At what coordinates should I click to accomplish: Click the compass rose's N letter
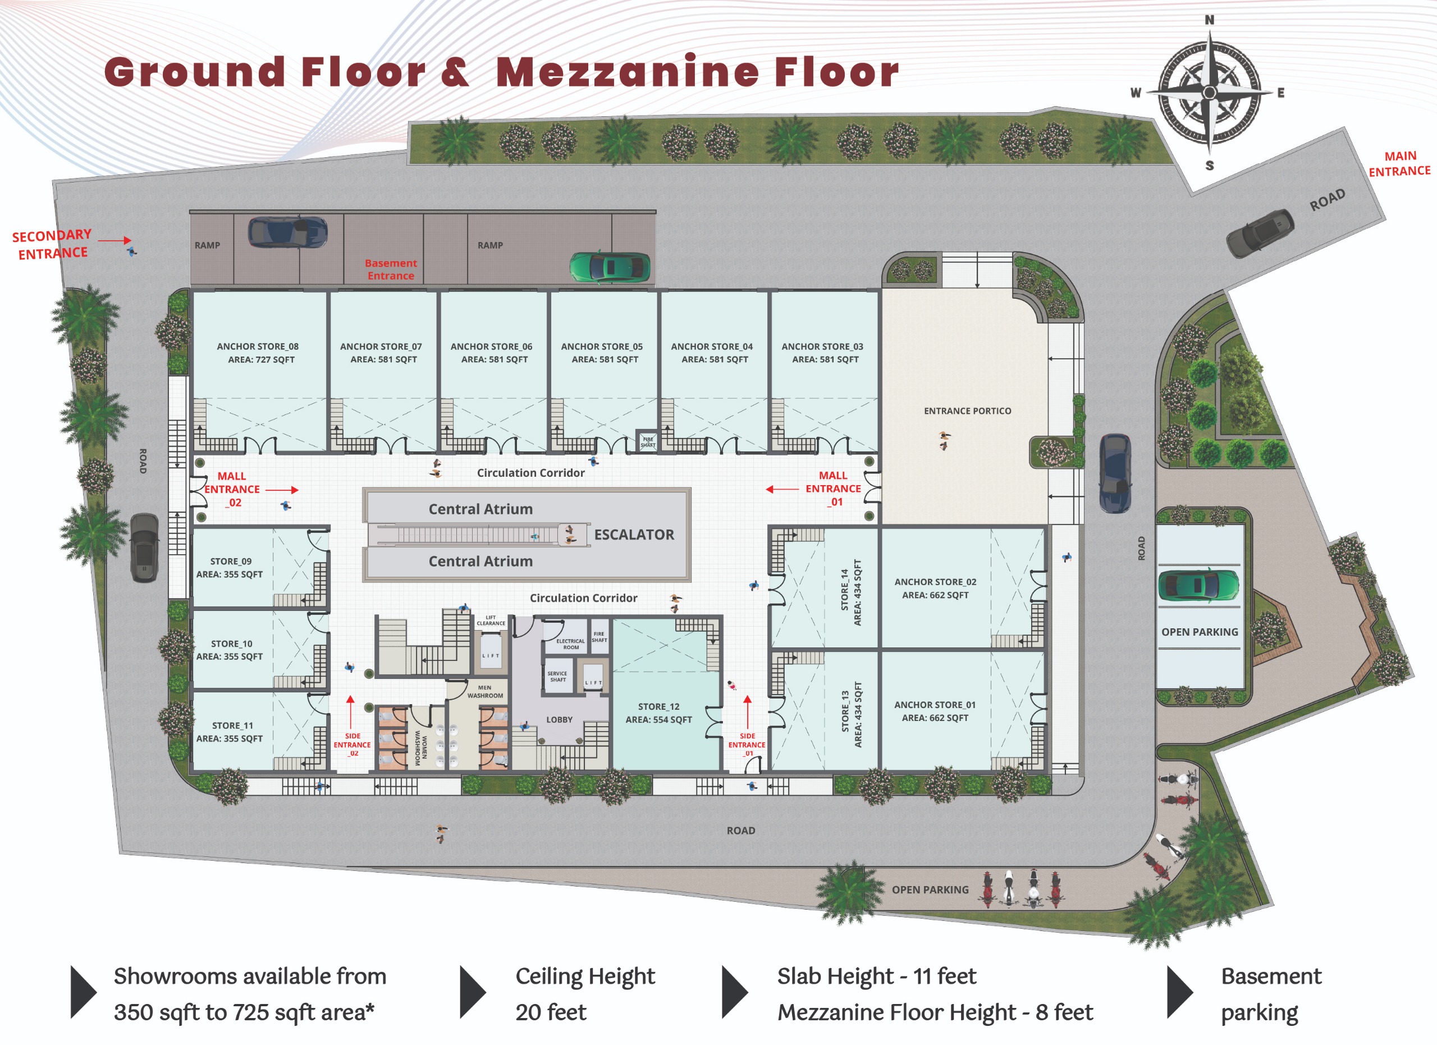(1210, 20)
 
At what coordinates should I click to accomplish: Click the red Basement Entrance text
(391, 270)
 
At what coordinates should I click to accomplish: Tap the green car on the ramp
(610, 267)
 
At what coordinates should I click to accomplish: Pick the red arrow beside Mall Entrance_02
(282, 490)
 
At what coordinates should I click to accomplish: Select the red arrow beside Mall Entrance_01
(782, 489)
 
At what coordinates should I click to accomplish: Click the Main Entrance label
(1399, 163)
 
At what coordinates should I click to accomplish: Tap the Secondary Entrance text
(53, 245)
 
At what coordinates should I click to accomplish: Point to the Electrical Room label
(571, 644)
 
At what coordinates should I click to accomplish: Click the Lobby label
(560, 720)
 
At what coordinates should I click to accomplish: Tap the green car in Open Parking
(1198, 585)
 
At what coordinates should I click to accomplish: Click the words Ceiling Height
(585, 976)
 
